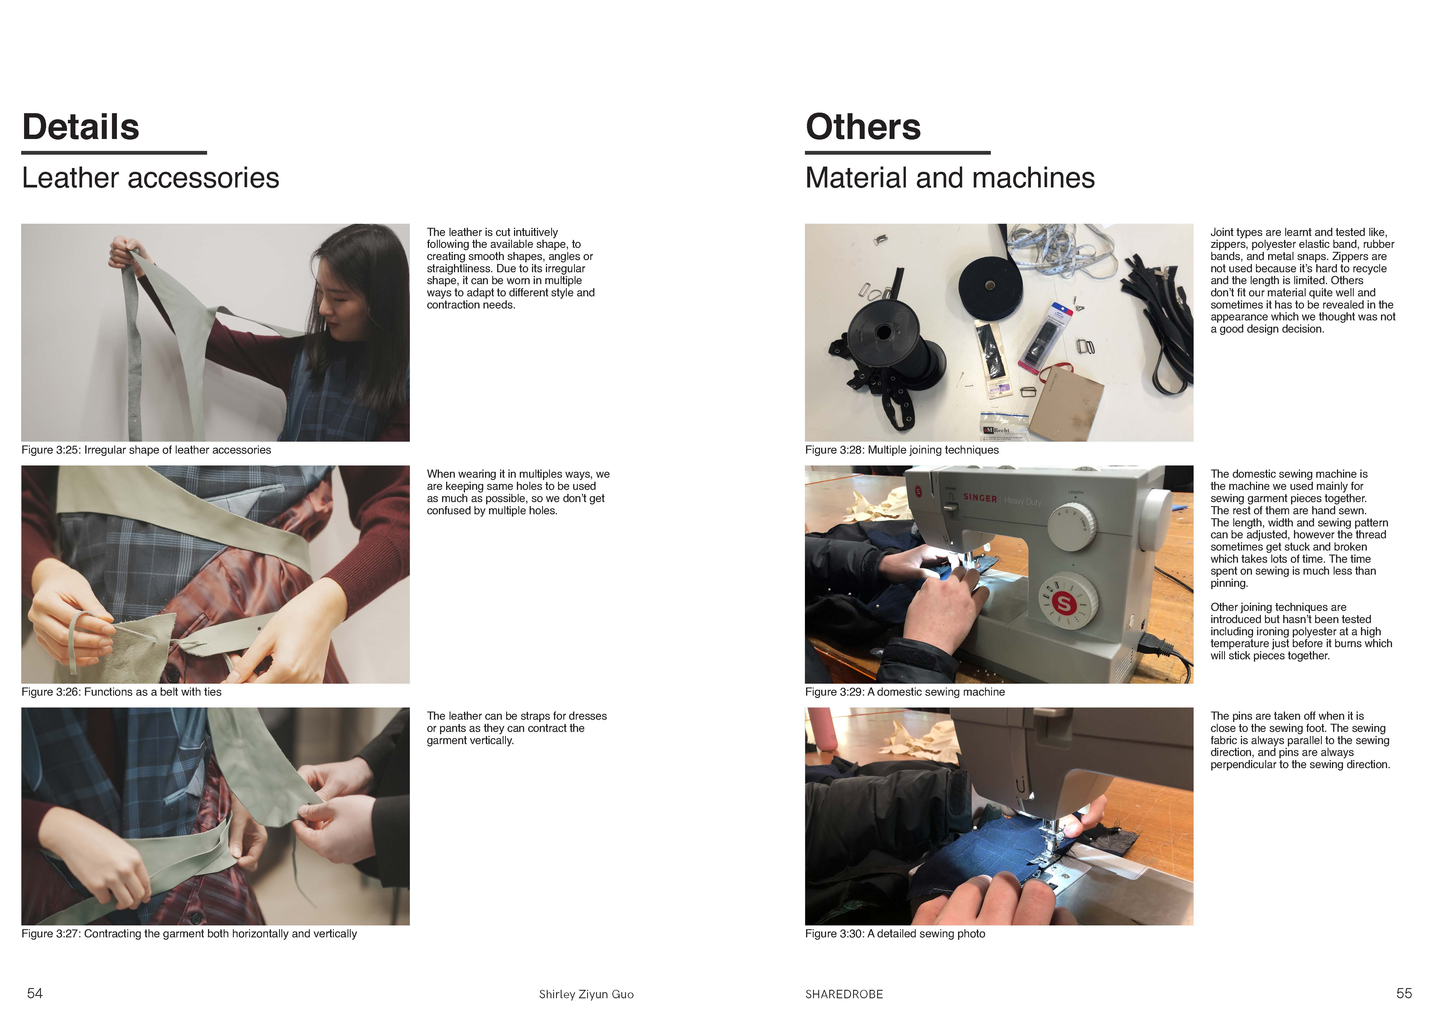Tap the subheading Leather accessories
click(151, 178)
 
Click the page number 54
click(35, 993)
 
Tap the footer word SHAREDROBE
click(844, 994)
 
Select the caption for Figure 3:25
click(146, 450)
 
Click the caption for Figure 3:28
click(902, 450)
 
